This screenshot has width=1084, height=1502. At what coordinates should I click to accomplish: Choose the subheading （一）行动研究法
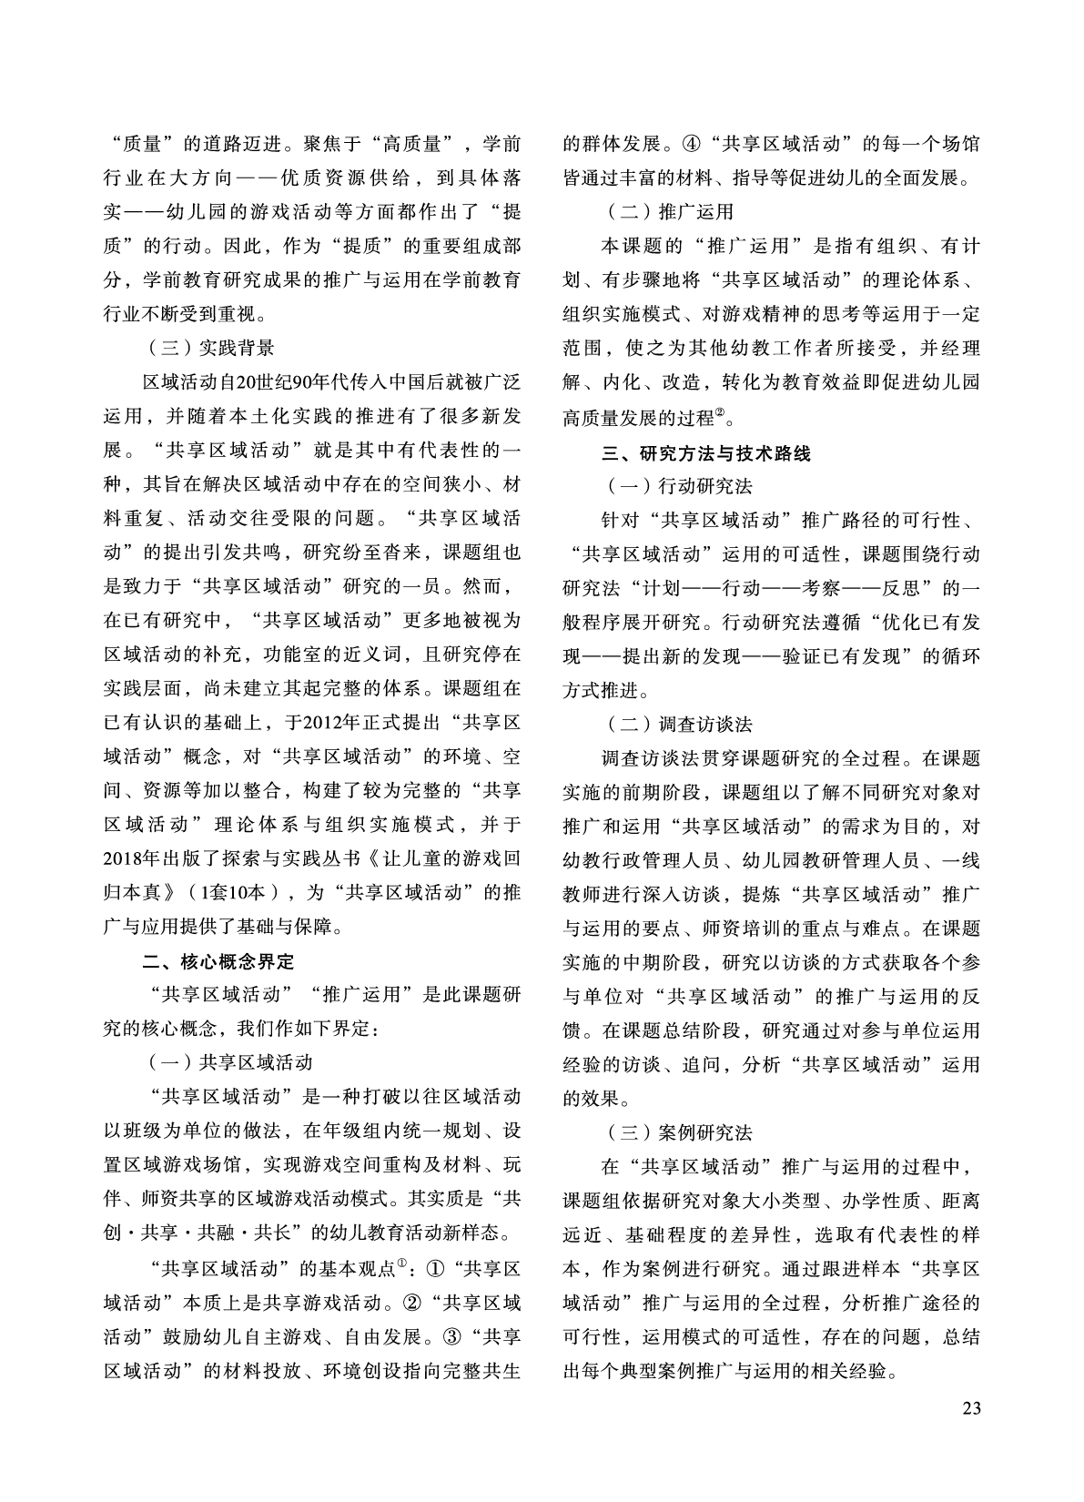click(x=679, y=486)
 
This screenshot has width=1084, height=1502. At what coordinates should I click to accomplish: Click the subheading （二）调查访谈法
click(x=679, y=725)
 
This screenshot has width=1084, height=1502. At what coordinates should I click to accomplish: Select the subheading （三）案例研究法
click(x=679, y=1133)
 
